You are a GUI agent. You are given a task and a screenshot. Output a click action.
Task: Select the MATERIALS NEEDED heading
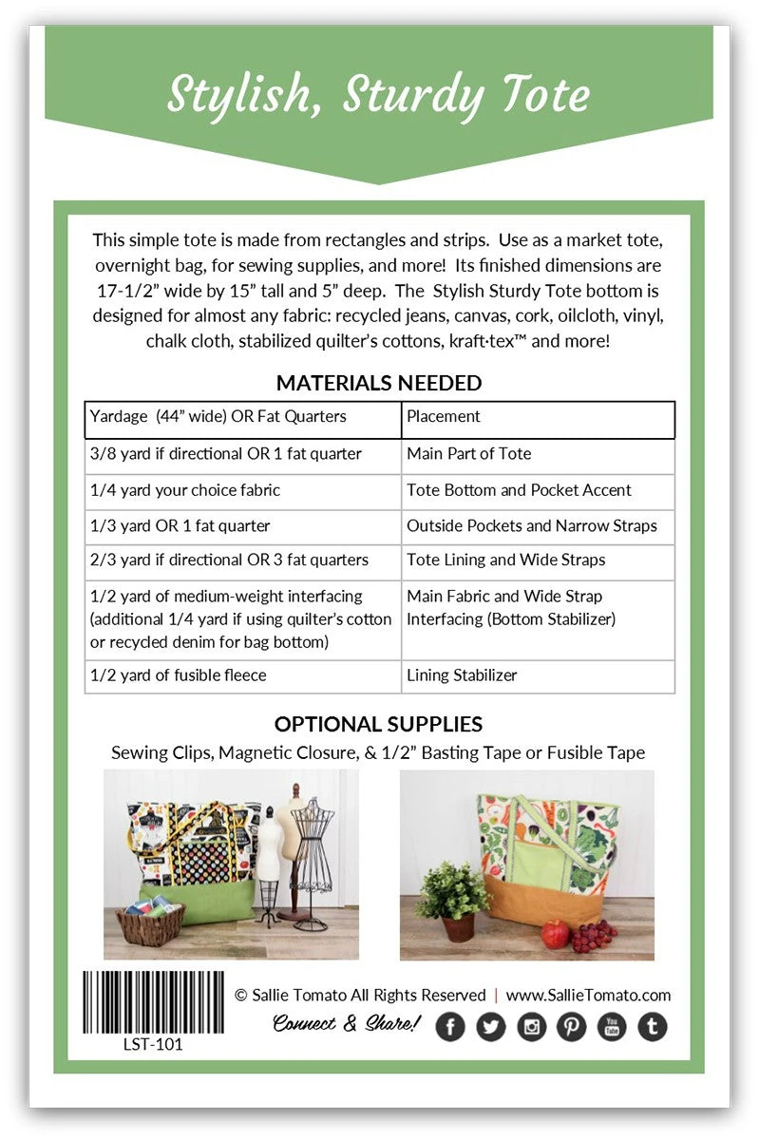[379, 383]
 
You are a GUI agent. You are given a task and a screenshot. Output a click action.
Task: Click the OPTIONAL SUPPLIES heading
[378, 724]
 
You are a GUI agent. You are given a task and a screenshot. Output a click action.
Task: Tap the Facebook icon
[450, 1026]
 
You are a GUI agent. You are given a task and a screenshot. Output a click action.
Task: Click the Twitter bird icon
[490, 1026]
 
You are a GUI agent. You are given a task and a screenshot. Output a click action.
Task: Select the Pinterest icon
[571, 1026]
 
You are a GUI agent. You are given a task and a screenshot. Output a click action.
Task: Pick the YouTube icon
[612, 1026]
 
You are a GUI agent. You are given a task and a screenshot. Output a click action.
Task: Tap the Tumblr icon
[652, 1026]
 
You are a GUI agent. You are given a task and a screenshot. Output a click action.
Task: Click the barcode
[153, 1001]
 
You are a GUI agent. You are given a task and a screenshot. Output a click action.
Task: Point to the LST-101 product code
[153, 1045]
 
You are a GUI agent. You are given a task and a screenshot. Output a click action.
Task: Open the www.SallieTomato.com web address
[588, 996]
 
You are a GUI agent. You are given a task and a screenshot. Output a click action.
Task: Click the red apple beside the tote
[555, 933]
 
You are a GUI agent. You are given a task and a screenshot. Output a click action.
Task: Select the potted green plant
[452, 901]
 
